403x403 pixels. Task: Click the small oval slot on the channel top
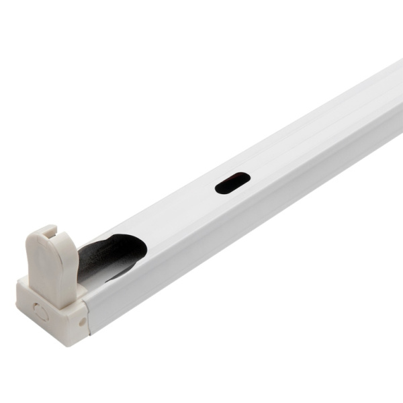click(x=232, y=183)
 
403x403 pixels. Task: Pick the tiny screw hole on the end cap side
click(x=82, y=322)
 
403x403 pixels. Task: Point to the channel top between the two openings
click(x=181, y=215)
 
